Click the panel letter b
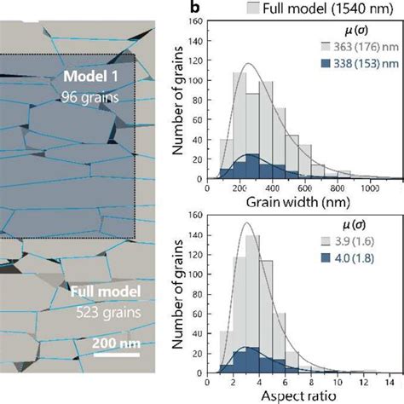click(195, 9)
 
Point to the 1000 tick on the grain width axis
click(368, 188)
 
